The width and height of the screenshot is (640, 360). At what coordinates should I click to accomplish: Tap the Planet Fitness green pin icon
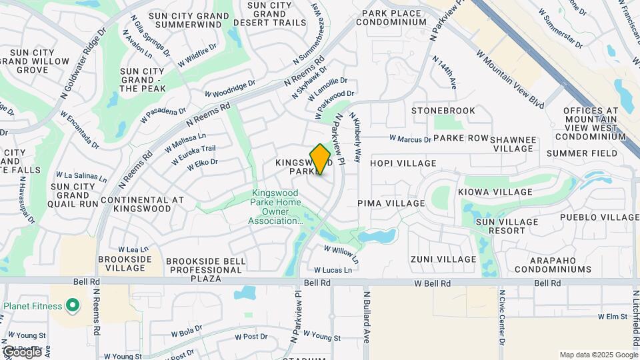(73, 307)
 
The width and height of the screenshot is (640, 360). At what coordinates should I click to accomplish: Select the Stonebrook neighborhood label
(443, 111)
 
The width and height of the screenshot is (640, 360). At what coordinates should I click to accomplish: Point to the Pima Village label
(391, 203)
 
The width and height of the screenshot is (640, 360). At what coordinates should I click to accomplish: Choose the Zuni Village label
(443, 259)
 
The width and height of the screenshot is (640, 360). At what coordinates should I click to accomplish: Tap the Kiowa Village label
(495, 192)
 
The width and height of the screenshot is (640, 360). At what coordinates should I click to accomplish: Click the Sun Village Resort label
(507, 226)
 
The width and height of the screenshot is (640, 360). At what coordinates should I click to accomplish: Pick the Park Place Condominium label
(391, 17)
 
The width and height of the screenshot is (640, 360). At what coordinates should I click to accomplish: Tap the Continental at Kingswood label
(141, 204)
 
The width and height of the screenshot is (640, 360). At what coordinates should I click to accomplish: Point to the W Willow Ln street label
(341, 253)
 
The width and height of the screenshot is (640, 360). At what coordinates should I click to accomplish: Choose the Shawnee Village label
(513, 144)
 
